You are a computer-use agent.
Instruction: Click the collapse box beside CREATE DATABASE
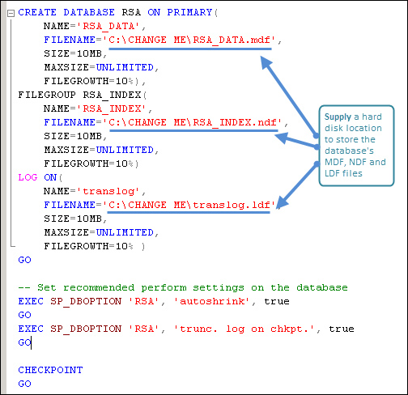coord(11,13)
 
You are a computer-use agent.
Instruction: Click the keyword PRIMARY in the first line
coord(189,12)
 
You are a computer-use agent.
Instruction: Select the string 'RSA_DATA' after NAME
coord(108,26)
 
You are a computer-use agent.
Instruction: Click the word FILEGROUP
coord(47,95)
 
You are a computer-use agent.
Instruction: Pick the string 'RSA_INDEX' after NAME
coord(112,108)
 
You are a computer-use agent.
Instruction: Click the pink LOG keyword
coord(28,177)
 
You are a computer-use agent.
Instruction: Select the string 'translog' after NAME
coord(108,191)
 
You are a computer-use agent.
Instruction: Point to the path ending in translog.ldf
coord(189,205)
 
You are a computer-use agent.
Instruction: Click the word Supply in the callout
coord(338,117)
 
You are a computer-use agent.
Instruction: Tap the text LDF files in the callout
coord(343,173)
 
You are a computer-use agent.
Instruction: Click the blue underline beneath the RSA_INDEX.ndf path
coord(193,131)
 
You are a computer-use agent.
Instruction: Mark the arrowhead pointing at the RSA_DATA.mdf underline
coord(266,62)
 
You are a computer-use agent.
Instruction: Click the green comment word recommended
coord(99,287)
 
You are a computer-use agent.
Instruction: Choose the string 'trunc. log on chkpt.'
coord(244,329)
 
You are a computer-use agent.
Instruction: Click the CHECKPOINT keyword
coord(50,370)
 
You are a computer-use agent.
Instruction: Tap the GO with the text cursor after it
coord(24,342)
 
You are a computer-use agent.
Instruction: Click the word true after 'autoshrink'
coord(277,301)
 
